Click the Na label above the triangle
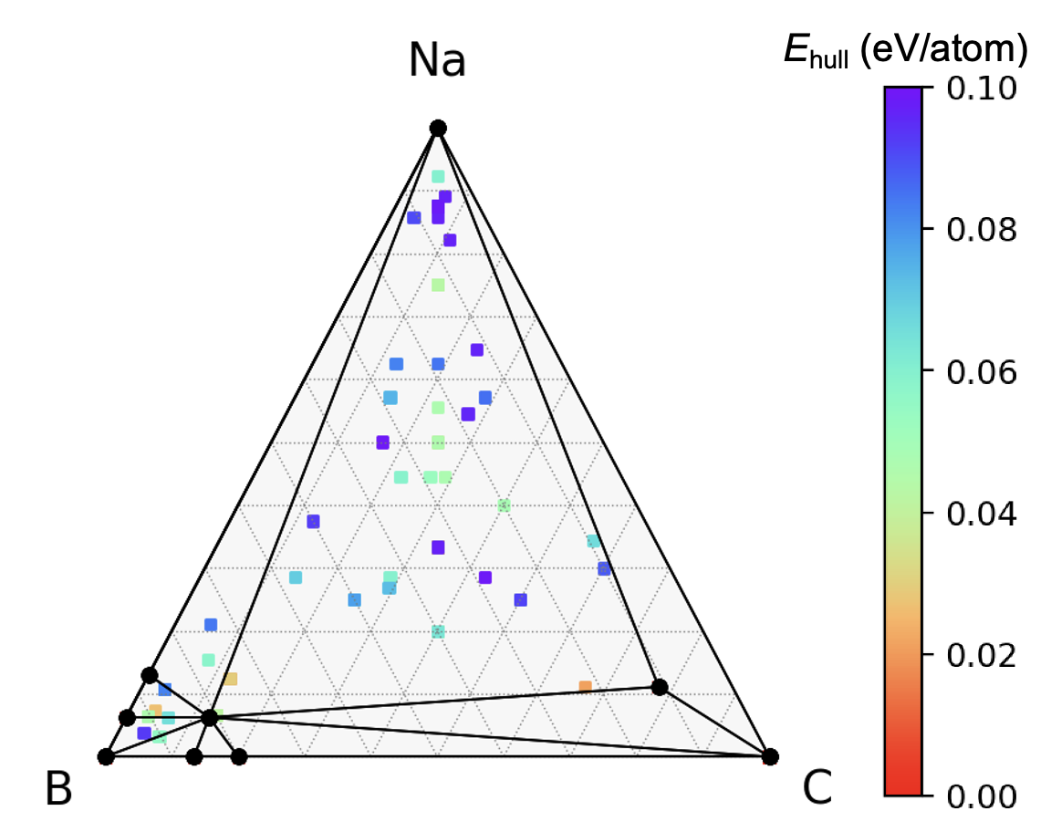(x=437, y=62)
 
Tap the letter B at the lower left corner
(x=57, y=789)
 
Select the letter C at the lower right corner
(x=817, y=789)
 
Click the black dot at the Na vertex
(x=438, y=128)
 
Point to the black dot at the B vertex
(x=106, y=756)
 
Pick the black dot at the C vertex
(x=770, y=756)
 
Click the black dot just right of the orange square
(x=660, y=686)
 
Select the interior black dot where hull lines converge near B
(x=209, y=718)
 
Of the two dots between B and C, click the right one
(x=239, y=756)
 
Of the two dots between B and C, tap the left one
(x=193, y=756)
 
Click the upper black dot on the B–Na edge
(x=150, y=675)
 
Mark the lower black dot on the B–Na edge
(x=127, y=718)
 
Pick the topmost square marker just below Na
(x=438, y=176)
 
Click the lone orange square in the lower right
(x=585, y=686)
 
